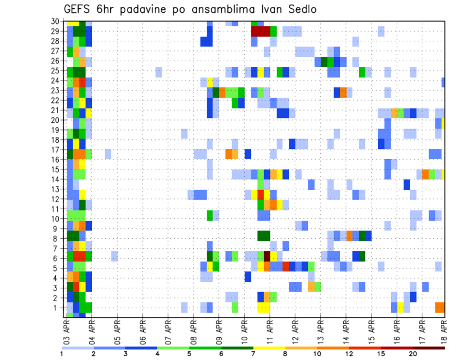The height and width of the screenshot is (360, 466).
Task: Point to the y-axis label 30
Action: pyautogui.click(x=56, y=21)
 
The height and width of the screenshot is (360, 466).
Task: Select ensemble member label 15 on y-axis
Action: pyautogui.click(x=56, y=169)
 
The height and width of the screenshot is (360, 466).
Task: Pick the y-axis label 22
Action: pyautogui.click(x=56, y=100)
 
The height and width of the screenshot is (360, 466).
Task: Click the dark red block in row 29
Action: pyautogui.click(x=260, y=31)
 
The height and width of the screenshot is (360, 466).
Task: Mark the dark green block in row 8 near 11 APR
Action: pyautogui.click(x=264, y=236)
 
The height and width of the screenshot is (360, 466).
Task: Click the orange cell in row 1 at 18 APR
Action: pyautogui.click(x=440, y=307)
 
